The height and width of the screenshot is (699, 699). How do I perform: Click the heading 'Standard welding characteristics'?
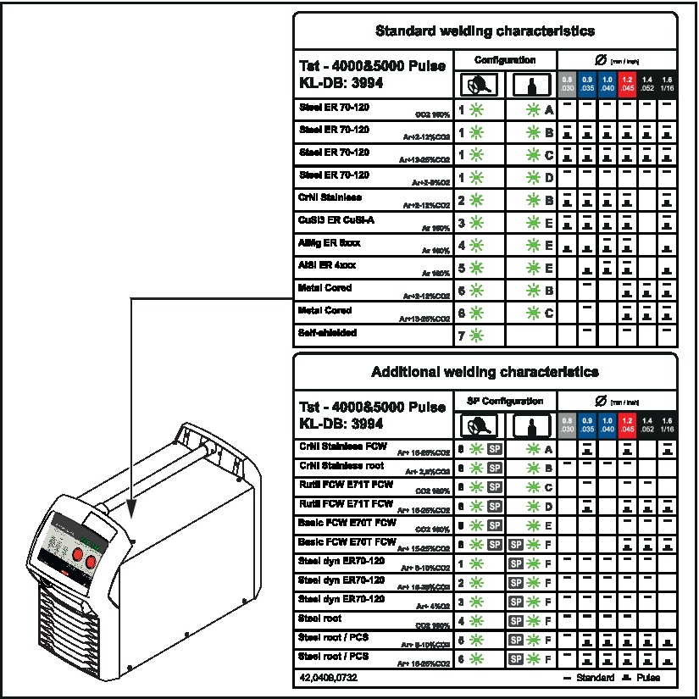coord(485,31)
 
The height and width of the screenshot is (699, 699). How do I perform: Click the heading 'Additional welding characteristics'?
coord(485,372)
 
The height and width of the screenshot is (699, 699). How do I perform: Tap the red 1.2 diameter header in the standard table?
coord(627,85)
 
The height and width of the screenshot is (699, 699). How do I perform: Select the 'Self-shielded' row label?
coord(328,333)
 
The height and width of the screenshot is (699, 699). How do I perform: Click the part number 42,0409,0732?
coord(330,678)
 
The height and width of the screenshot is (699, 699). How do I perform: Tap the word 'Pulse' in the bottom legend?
coord(647,678)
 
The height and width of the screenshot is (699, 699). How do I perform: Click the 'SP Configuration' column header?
coord(505,401)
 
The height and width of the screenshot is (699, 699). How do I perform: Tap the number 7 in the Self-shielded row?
coord(461,334)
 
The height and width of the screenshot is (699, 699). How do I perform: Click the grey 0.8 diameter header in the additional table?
coord(568,424)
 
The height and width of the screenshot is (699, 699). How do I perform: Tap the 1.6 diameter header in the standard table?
coord(668,85)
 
